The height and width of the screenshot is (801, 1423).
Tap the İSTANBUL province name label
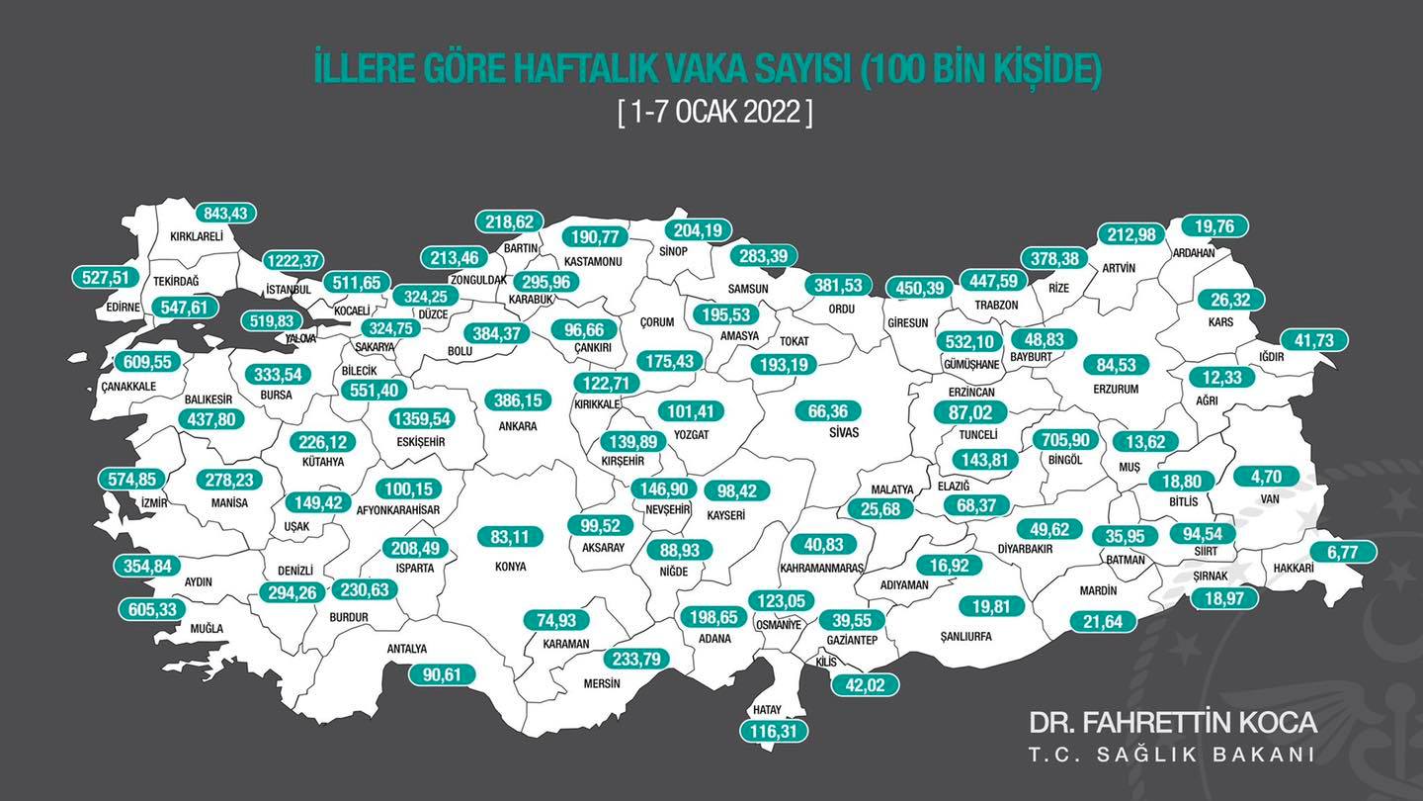[289, 290]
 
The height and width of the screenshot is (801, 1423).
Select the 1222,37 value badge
[293, 260]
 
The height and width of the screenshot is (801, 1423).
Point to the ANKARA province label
[518, 426]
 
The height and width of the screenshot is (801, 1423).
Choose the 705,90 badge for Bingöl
[1064, 439]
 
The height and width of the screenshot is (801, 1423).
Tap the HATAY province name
[767, 709]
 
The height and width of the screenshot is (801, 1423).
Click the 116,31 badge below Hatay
[774, 732]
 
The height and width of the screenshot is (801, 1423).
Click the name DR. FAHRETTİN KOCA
[1173, 722]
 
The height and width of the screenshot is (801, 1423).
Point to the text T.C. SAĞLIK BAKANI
[1172, 755]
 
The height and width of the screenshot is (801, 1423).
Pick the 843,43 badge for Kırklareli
[225, 213]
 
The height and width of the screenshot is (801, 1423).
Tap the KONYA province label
[511, 567]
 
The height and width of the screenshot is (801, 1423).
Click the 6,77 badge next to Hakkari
[1344, 552]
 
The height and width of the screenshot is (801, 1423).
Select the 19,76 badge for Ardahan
[1215, 225]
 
